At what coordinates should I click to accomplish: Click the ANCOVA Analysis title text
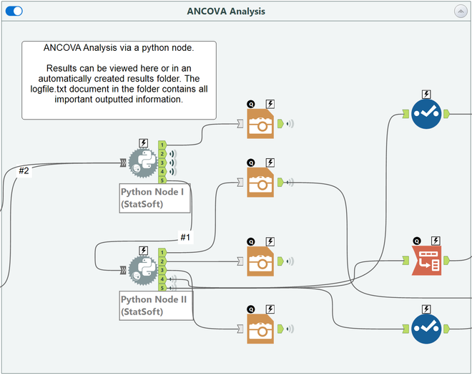point(226,11)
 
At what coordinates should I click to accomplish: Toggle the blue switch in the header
point(14,11)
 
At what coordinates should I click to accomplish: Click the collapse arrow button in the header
point(460,11)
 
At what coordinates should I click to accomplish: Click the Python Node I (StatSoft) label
point(154,198)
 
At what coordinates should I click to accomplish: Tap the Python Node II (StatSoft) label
point(154,305)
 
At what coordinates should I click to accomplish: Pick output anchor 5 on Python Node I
point(162,180)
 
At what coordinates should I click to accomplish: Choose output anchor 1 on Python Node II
point(162,252)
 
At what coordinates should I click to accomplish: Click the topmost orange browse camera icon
point(261,123)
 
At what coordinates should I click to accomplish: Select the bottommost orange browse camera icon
point(261,328)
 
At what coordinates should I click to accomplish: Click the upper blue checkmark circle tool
point(427,113)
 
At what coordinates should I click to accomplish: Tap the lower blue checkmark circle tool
point(427,328)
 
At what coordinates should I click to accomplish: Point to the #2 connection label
point(24,170)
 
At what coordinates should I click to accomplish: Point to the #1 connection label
point(186,237)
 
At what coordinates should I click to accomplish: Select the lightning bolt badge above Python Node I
point(143,143)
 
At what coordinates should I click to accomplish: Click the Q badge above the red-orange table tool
point(416,241)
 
